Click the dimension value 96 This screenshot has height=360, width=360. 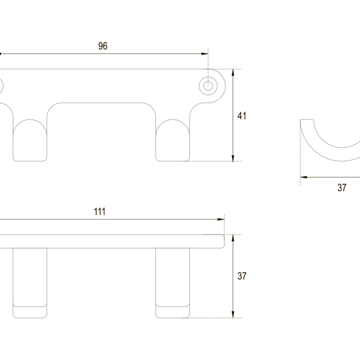[103, 46]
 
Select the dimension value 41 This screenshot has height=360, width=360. [242, 116]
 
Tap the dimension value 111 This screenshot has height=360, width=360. [100, 211]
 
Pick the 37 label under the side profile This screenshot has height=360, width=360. [342, 188]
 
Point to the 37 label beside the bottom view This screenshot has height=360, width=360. [242, 276]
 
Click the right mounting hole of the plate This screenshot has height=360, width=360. [208, 86]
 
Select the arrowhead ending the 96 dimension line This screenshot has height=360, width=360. [205, 53]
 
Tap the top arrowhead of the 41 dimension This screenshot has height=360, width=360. [233, 73]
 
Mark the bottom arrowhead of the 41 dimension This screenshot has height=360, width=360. [233, 158]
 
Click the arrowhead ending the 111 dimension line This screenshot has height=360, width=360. [221, 219]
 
